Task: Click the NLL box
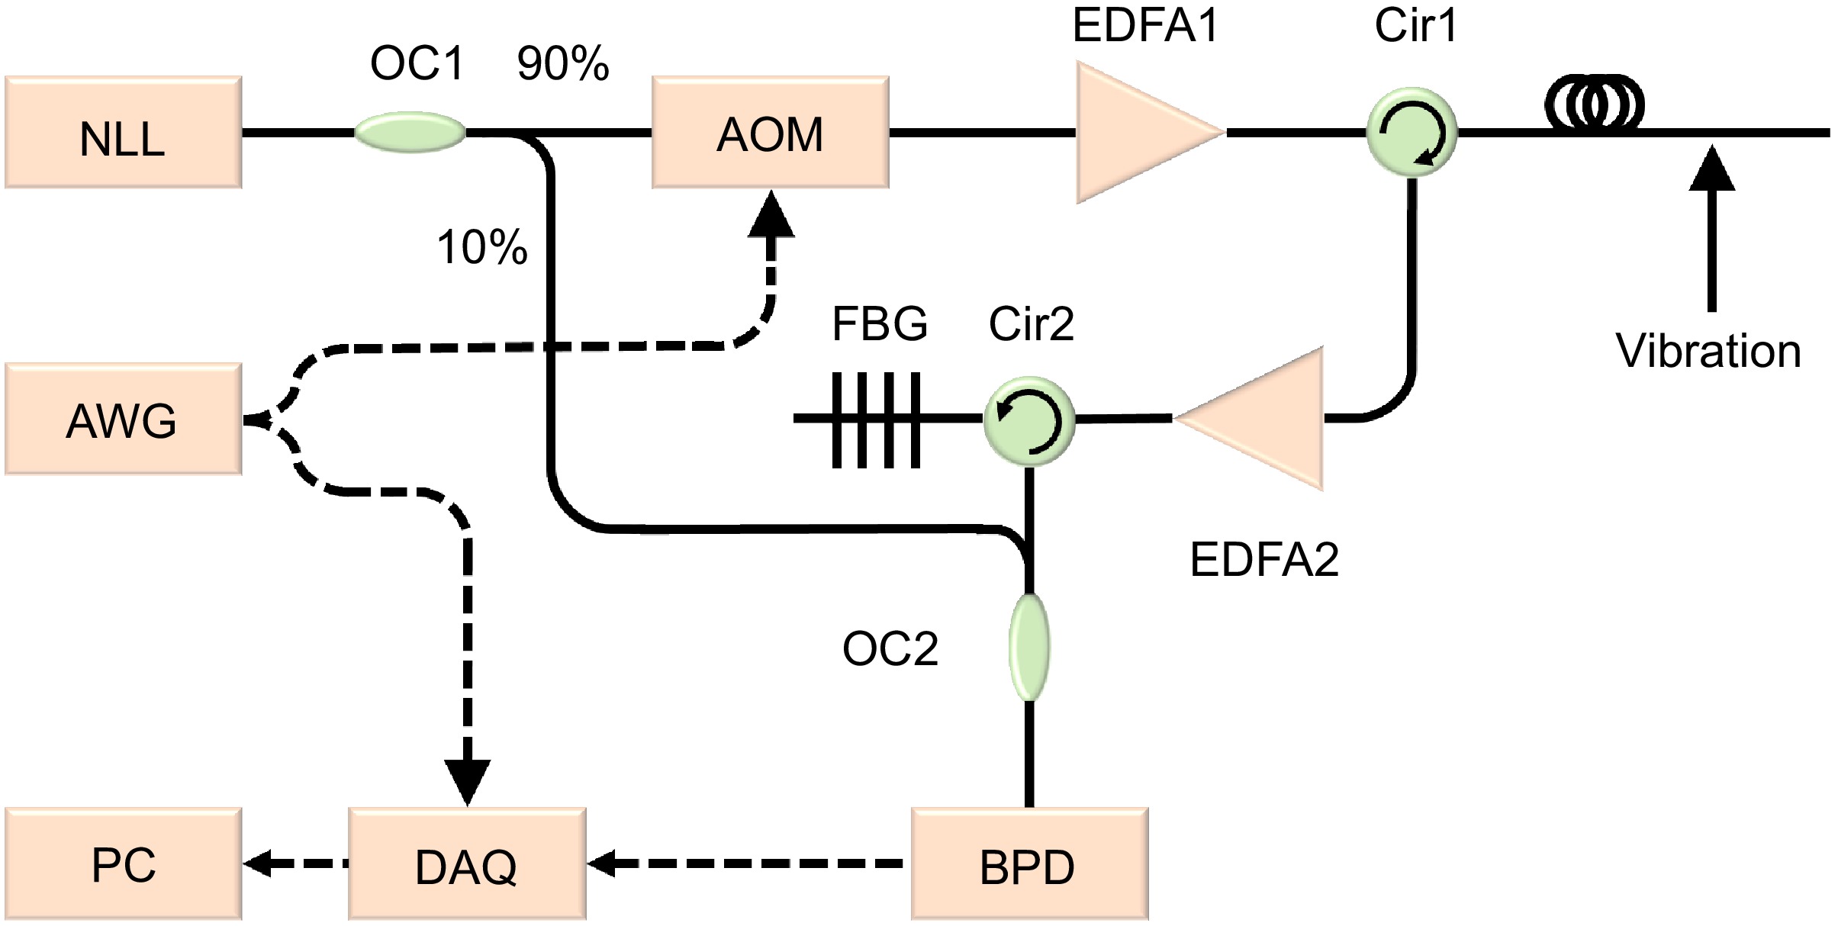coord(123,132)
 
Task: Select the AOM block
coord(770,132)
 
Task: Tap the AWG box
coord(123,419)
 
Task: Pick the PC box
coord(123,863)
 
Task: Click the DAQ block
coord(466,863)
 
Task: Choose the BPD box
coord(1028,863)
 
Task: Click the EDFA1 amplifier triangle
coord(1137,132)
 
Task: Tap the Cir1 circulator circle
coord(1411,132)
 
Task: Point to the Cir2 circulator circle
coord(1028,419)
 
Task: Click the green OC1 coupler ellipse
coord(410,132)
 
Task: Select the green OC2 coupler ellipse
coord(1028,647)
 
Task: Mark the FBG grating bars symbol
coord(876,419)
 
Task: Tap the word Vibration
coord(1708,352)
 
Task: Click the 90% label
coord(563,63)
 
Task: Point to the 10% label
coord(481,247)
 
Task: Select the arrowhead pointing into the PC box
coord(257,863)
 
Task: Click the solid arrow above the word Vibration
coord(1711,229)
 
